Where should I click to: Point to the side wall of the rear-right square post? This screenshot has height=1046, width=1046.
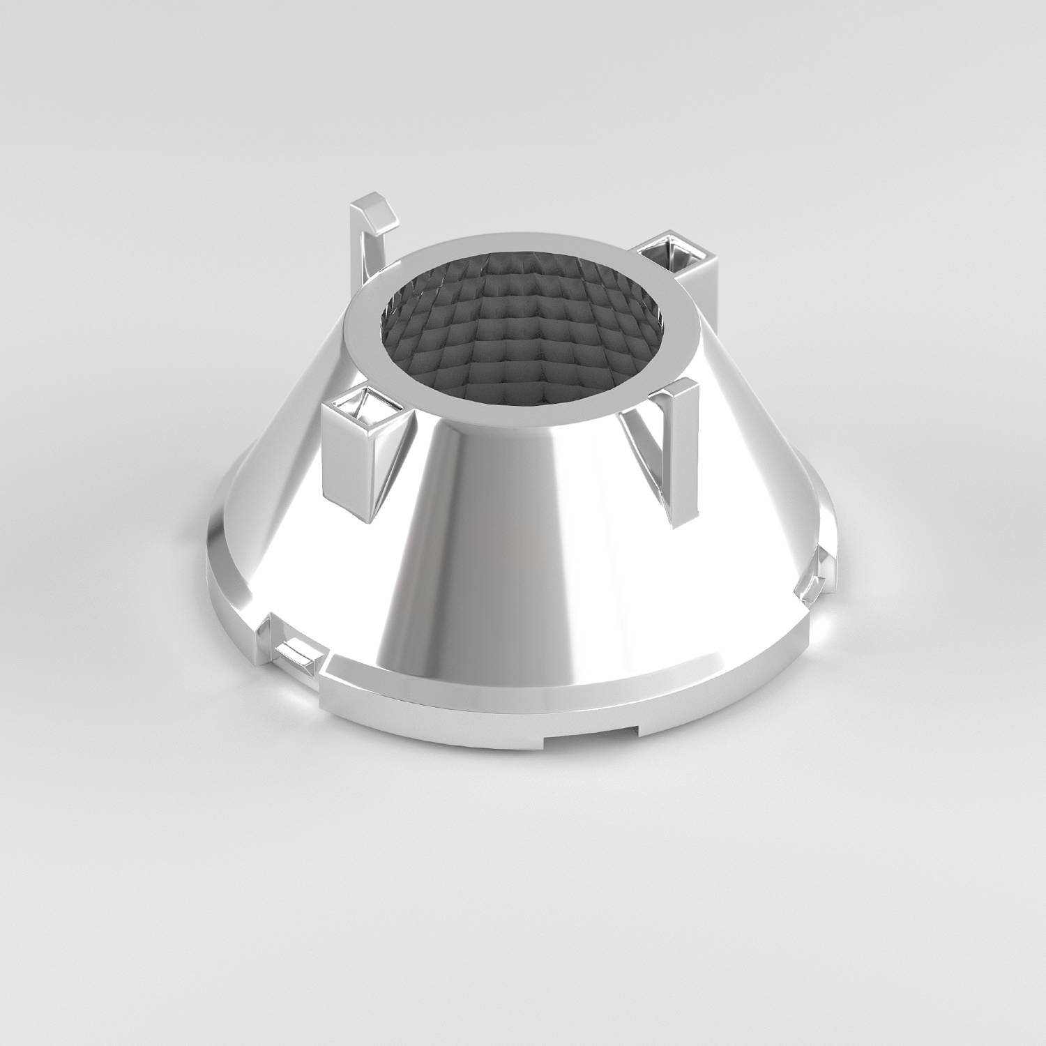coord(697,286)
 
